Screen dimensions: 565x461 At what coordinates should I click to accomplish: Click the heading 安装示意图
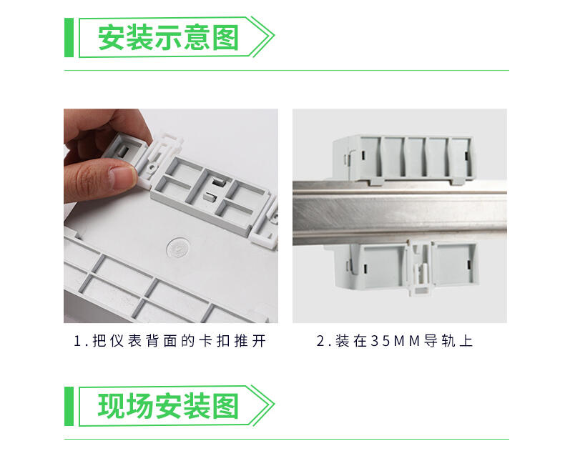(168, 37)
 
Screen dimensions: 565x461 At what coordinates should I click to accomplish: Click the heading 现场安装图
(168, 406)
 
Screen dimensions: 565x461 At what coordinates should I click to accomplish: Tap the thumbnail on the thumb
(123, 177)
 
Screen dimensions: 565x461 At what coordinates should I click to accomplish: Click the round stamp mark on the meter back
(178, 249)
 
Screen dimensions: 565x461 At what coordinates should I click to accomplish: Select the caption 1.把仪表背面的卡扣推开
(169, 341)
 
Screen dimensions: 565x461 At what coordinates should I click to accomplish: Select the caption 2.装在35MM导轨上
(394, 341)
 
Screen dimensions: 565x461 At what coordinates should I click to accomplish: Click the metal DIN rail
(400, 213)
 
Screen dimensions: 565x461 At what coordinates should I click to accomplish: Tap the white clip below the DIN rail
(420, 268)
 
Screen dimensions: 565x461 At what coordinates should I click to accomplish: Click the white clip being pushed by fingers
(158, 159)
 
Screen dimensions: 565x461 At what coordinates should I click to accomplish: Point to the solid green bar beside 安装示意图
(69, 37)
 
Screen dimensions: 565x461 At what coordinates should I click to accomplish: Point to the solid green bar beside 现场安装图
(69, 406)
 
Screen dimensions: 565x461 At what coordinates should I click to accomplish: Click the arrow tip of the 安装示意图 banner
(274, 36)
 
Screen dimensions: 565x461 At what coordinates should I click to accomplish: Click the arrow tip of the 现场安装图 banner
(274, 405)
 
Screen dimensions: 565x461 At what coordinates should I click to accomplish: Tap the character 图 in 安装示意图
(225, 37)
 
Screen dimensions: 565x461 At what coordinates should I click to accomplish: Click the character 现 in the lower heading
(111, 406)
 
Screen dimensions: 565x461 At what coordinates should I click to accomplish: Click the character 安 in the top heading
(111, 37)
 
